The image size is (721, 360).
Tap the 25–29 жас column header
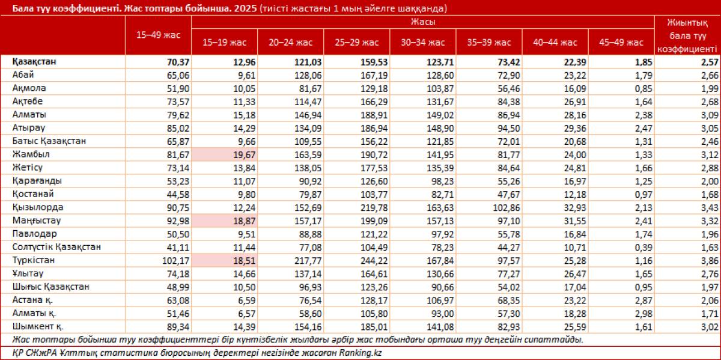(x=357, y=42)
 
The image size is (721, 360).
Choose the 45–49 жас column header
(x=621, y=42)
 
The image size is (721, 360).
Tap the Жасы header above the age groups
(x=422, y=22)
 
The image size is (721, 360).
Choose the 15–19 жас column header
(x=225, y=42)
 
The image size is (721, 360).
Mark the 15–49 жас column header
(x=159, y=35)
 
